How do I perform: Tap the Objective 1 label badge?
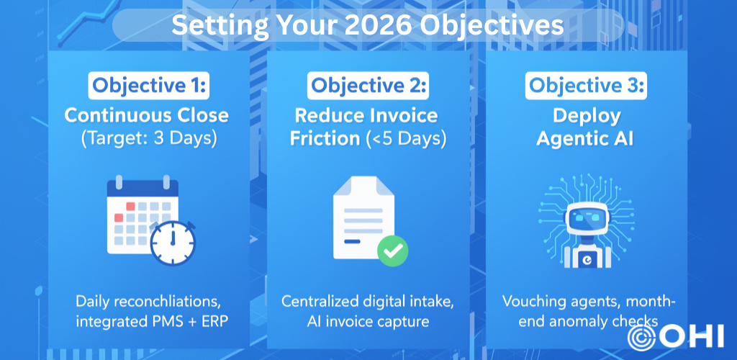coord(148,85)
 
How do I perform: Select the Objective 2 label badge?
coord(368,85)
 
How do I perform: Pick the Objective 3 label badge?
coord(586,85)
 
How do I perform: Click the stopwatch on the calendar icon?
coord(173,243)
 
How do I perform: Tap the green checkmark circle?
coord(392,251)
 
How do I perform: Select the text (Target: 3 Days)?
coord(149,140)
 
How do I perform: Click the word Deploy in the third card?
coord(587,116)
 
